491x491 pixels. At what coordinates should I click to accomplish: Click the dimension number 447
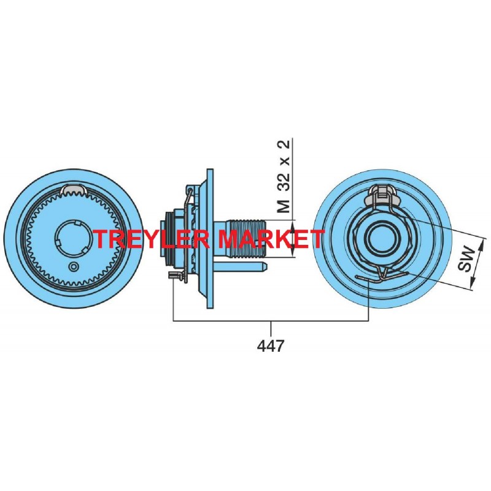pyautogui.click(x=271, y=346)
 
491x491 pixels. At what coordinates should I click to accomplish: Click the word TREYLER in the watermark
pyautogui.click(x=152, y=239)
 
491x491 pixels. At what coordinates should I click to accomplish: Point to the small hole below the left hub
pyautogui.click(x=74, y=266)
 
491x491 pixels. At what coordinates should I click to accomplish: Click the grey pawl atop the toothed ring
pyautogui.click(x=74, y=190)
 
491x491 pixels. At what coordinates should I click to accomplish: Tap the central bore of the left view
pyautogui.click(x=74, y=239)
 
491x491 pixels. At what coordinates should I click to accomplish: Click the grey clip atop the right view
pyautogui.click(x=382, y=195)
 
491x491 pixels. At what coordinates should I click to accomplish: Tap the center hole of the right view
pyautogui.click(x=382, y=239)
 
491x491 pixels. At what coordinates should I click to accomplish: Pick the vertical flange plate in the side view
pyautogui.click(x=210, y=239)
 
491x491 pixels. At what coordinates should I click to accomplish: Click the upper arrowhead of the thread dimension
pyautogui.click(x=293, y=225)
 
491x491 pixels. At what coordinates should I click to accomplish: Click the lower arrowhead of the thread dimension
pyautogui.click(x=293, y=252)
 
